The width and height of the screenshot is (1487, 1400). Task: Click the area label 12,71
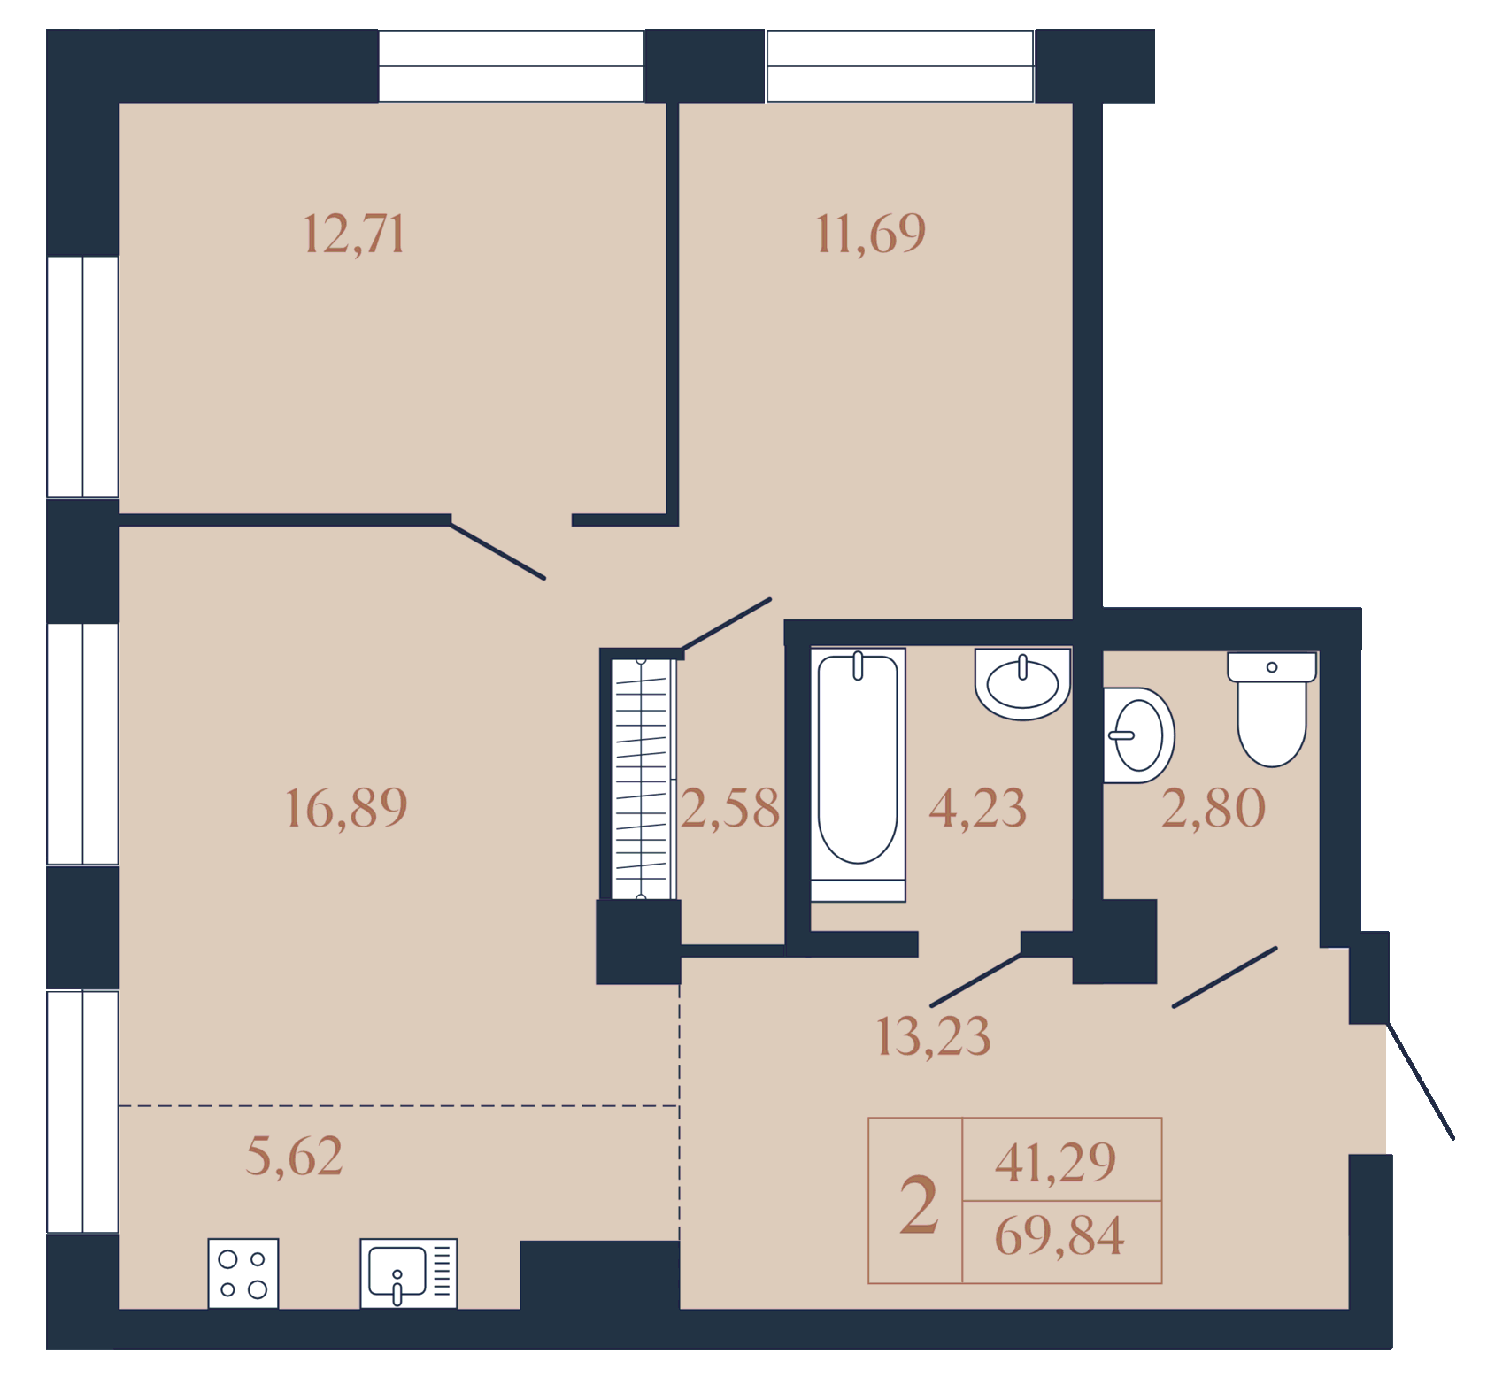click(354, 235)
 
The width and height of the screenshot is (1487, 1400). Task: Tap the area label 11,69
click(871, 235)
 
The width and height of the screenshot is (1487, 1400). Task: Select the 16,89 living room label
click(347, 808)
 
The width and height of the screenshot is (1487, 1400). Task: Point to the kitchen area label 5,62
click(294, 1157)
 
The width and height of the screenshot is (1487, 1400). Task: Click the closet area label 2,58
click(730, 808)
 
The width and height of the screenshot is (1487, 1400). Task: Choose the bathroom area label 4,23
click(977, 808)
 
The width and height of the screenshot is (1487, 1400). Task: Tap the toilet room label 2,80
click(1213, 808)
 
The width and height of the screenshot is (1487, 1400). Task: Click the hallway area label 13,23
click(933, 1036)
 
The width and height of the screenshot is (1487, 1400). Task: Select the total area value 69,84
click(1059, 1236)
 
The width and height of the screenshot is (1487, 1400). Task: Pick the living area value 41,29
click(1056, 1163)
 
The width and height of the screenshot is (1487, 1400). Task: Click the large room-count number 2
click(919, 1204)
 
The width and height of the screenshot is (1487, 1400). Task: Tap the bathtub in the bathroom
click(858, 775)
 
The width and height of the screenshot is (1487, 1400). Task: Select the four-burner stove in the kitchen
click(243, 1273)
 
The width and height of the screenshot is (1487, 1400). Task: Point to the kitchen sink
click(409, 1273)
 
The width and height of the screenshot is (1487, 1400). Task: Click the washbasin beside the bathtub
click(1023, 684)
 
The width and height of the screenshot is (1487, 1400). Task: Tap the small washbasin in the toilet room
click(1138, 735)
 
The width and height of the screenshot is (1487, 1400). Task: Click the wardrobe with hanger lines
click(641, 779)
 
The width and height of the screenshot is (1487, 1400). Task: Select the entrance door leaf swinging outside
click(1420, 1081)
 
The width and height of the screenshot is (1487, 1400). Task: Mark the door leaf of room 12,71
click(497, 550)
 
